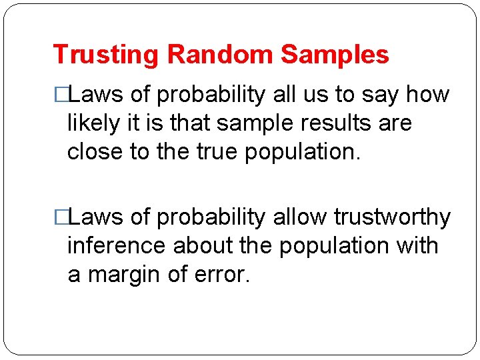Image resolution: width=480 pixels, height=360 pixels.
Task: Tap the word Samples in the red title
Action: point(335,55)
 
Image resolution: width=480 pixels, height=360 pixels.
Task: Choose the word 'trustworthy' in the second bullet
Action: point(392,217)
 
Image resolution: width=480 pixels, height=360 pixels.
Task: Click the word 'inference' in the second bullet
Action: point(117,246)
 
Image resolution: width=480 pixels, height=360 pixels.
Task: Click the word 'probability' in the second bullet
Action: point(211,217)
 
